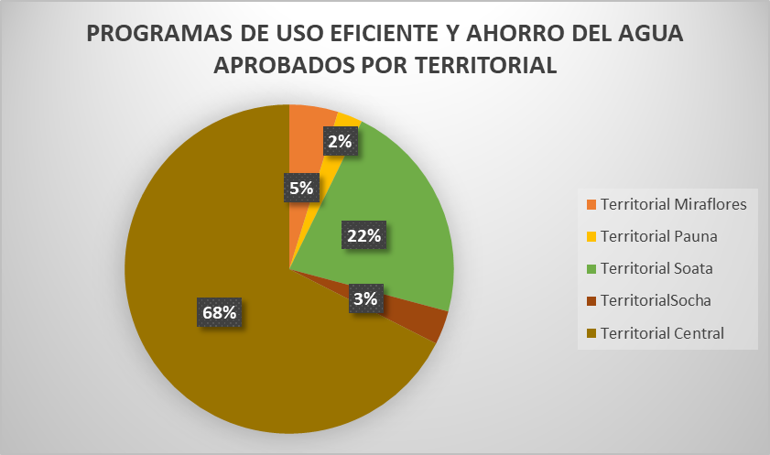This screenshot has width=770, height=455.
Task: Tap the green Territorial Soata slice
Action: click(x=403, y=220)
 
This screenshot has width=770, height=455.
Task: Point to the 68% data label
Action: click(x=219, y=312)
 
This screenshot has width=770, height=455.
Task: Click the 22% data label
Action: click(x=364, y=235)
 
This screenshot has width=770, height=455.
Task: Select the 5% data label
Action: click(x=301, y=189)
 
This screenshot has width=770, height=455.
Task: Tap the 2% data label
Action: click(x=339, y=141)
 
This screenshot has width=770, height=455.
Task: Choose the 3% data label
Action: click(x=365, y=298)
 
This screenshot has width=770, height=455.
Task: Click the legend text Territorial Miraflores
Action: click(x=673, y=204)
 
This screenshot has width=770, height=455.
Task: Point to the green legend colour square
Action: click(x=590, y=268)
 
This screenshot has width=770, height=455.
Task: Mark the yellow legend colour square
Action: click(x=590, y=236)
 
